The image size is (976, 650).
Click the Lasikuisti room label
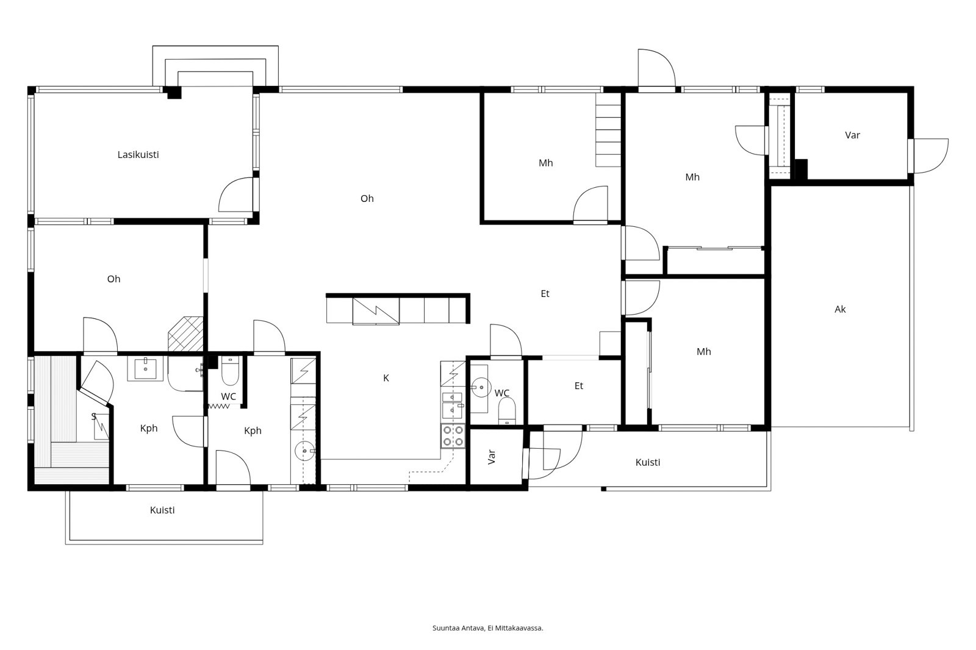pos(138,155)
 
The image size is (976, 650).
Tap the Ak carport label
pos(840,309)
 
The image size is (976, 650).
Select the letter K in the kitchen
pos(386,378)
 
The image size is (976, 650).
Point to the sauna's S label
pos(93,416)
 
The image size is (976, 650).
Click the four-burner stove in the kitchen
pos(453,436)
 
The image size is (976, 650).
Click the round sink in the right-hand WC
pos(481,387)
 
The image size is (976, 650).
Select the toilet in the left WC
pos(230,371)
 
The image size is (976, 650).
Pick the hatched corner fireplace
pos(185,334)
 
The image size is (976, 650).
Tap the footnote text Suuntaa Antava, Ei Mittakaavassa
pos(487,628)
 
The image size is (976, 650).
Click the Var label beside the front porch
pos(492,457)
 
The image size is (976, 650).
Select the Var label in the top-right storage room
pos(852,135)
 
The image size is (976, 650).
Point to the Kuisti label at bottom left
pos(162,510)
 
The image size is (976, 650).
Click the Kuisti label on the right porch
pos(647,462)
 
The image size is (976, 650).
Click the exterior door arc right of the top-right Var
pos(941,161)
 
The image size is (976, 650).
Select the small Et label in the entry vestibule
pos(579,386)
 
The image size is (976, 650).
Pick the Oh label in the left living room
pos(113,279)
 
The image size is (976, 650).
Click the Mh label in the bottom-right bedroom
pos(704,352)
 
